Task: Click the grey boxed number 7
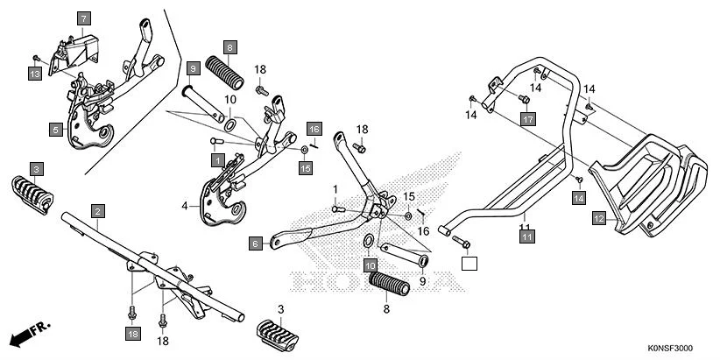click(84, 18)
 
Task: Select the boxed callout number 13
click(34, 75)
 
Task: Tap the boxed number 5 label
click(55, 129)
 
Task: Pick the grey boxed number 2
click(98, 211)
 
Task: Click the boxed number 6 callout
click(256, 242)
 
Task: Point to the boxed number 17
click(526, 118)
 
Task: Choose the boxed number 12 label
click(599, 219)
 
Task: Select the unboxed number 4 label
click(185, 207)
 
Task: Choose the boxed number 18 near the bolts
click(132, 334)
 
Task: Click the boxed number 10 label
click(371, 265)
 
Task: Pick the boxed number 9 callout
click(193, 67)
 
